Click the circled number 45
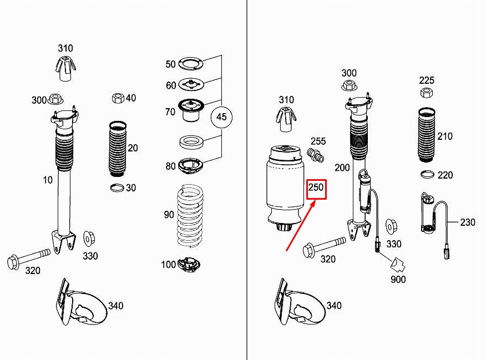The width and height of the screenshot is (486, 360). pyautogui.click(x=221, y=117)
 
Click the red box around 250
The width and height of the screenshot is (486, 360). pyautogui.click(x=316, y=180)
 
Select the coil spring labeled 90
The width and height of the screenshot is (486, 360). pyautogui.click(x=190, y=216)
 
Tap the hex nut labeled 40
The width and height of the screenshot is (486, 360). pyautogui.click(x=118, y=98)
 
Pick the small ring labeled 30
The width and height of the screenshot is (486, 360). pyautogui.click(x=117, y=187)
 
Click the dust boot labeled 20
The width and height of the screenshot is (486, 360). pyautogui.click(x=118, y=149)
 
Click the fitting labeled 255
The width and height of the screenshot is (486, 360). pyautogui.click(x=316, y=155)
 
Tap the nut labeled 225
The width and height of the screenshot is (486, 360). pyautogui.click(x=427, y=92)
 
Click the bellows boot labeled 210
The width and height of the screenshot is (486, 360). pyautogui.click(x=427, y=134)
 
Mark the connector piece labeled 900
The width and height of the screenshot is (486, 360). pyautogui.click(x=398, y=264)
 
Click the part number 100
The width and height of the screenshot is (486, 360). pyautogui.click(x=168, y=265)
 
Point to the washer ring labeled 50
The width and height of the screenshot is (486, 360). pyautogui.click(x=191, y=63)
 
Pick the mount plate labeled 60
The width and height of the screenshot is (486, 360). pyautogui.click(x=191, y=84)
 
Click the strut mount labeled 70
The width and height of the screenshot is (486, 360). pyautogui.click(x=191, y=110)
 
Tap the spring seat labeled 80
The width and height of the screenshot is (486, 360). pyautogui.click(x=190, y=166)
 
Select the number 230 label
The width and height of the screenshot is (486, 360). pyautogui.click(x=467, y=222)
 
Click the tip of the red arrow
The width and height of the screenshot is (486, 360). pyautogui.click(x=316, y=200)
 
